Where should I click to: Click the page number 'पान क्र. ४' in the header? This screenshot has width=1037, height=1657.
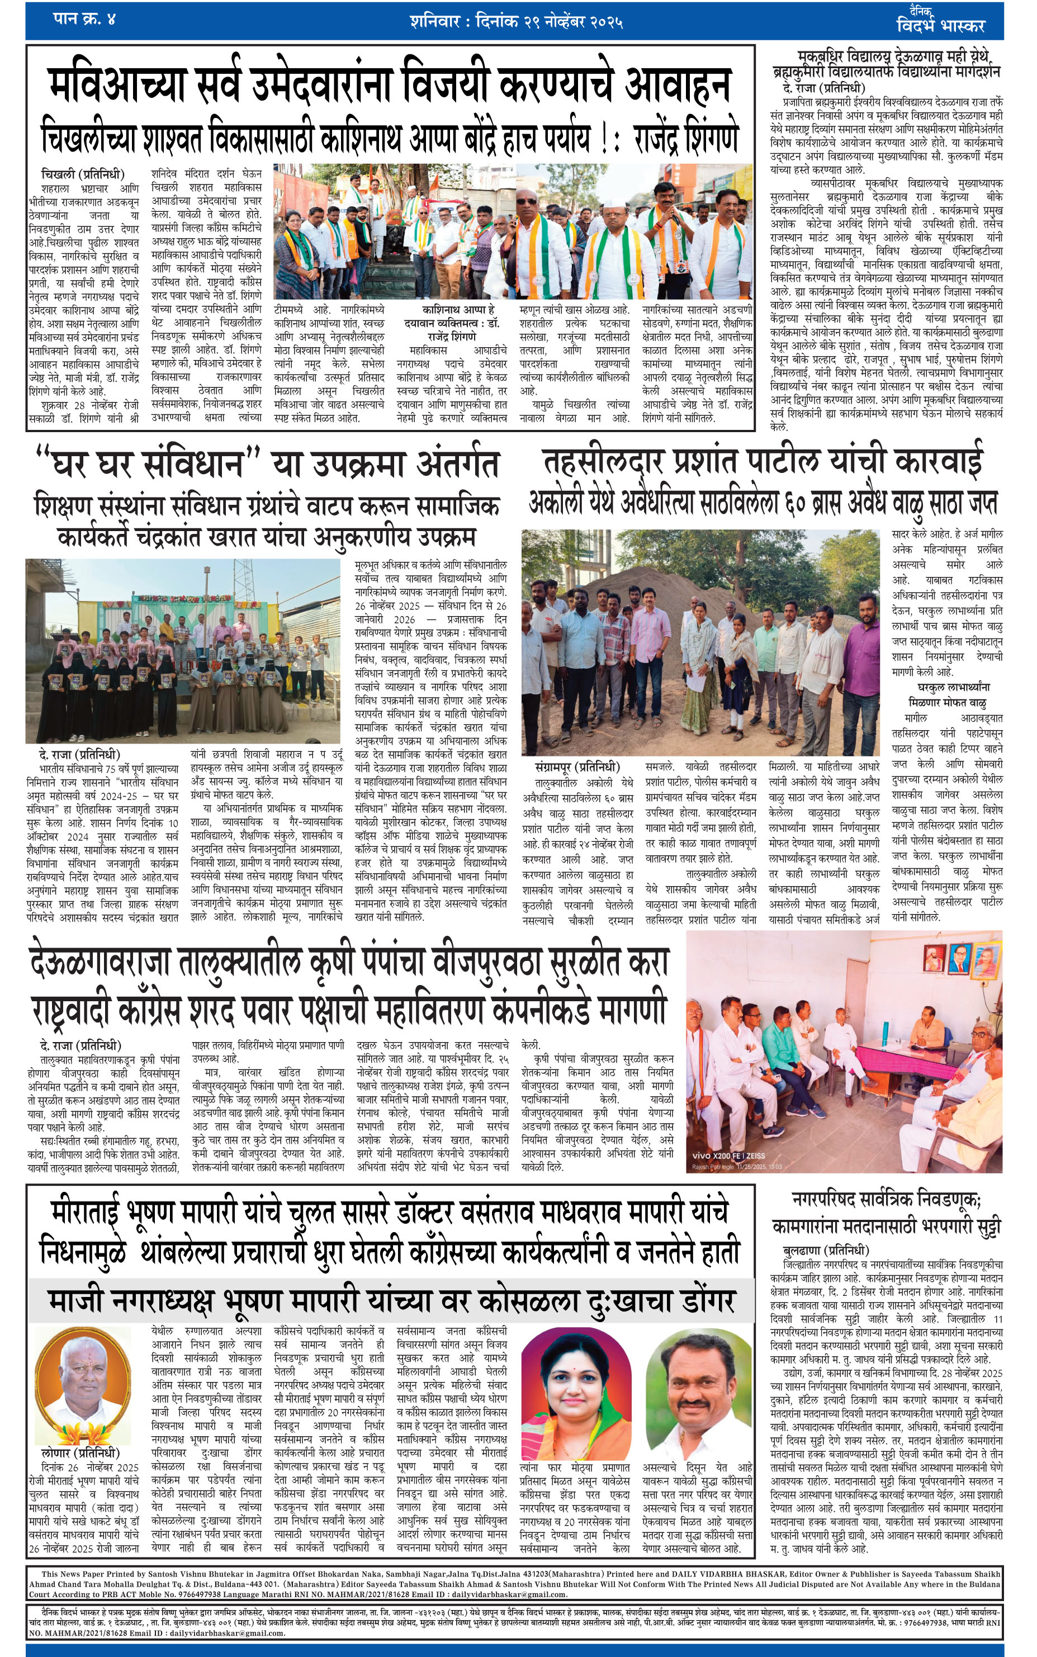coord(84,19)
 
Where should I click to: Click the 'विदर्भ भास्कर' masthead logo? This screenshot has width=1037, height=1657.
coord(940,24)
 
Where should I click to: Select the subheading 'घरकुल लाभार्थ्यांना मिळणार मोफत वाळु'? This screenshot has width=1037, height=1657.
coord(948,694)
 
